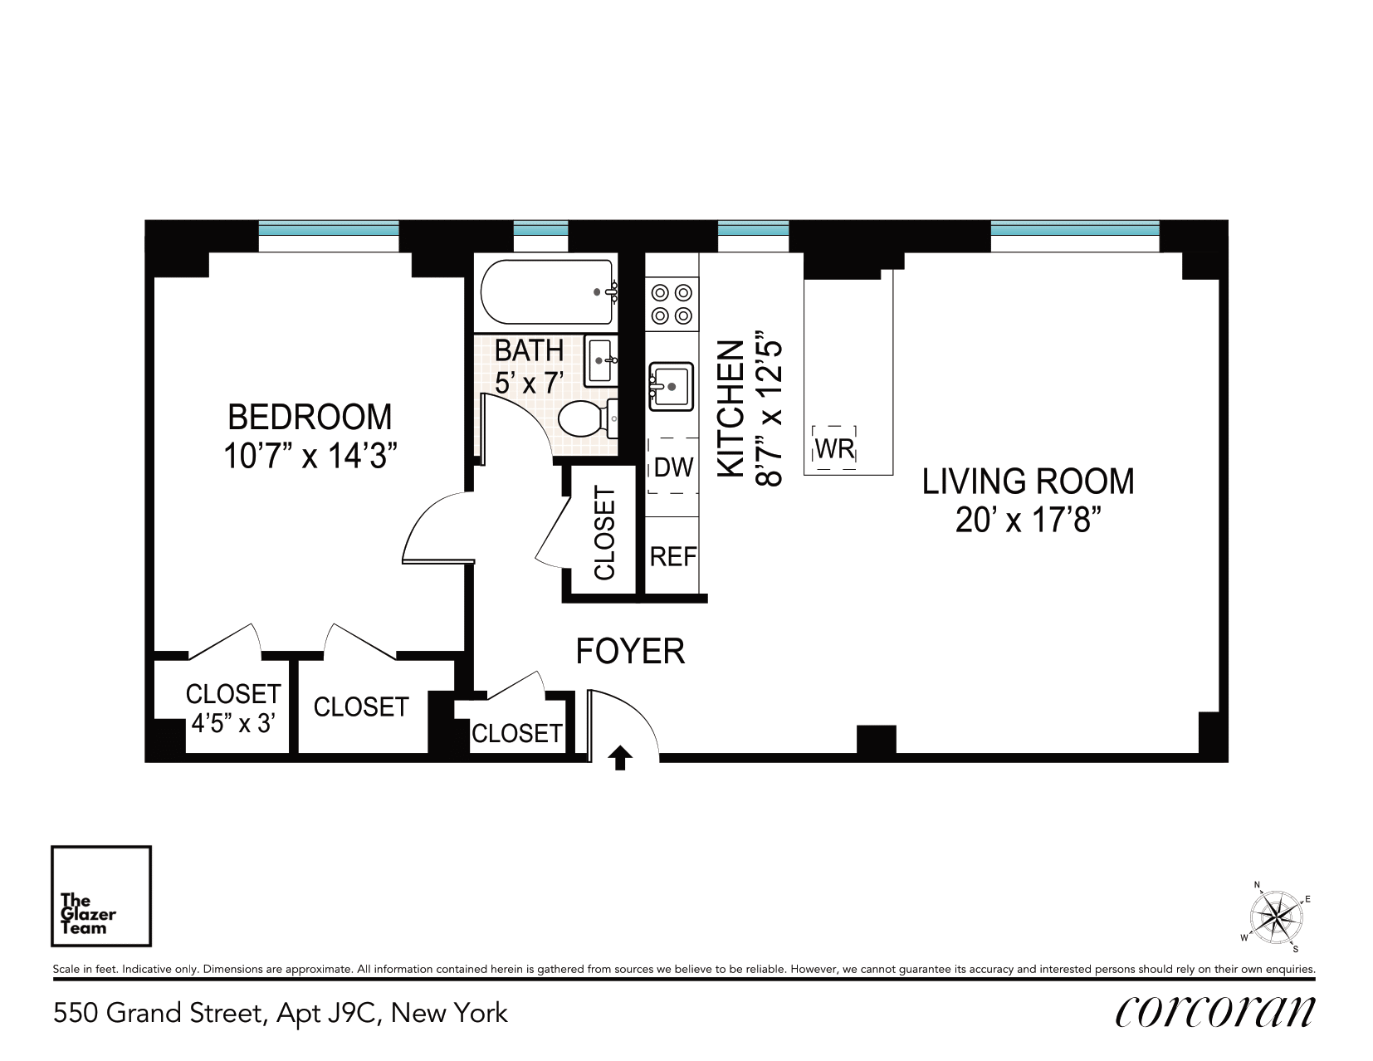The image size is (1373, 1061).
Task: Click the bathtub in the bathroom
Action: pyautogui.click(x=547, y=292)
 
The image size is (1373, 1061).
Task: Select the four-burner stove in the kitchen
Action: pyautogui.click(x=672, y=304)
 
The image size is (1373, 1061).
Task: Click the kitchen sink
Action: pyautogui.click(x=672, y=387)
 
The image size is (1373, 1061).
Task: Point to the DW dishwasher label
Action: pyautogui.click(x=673, y=467)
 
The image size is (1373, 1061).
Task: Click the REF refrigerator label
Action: pyautogui.click(x=673, y=557)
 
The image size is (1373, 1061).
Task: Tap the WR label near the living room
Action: pyautogui.click(x=834, y=448)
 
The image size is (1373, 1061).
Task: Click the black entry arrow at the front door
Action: pyautogui.click(x=620, y=758)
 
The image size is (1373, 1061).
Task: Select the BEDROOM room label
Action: pyautogui.click(x=310, y=417)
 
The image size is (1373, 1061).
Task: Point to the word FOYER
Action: pyautogui.click(x=630, y=652)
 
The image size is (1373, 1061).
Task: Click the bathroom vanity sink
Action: pyautogui.click(x=601, y=360)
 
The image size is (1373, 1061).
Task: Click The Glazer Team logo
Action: pyautogui.click(x=101, y=896)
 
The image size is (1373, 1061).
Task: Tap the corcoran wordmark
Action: pyautogui.click(x=1214, y=1012)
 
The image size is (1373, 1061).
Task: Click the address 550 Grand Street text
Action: pyautogui.click(x=158, y=1013)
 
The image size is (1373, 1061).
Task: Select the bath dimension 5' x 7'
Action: pyautogui.click(x=529, y=383)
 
